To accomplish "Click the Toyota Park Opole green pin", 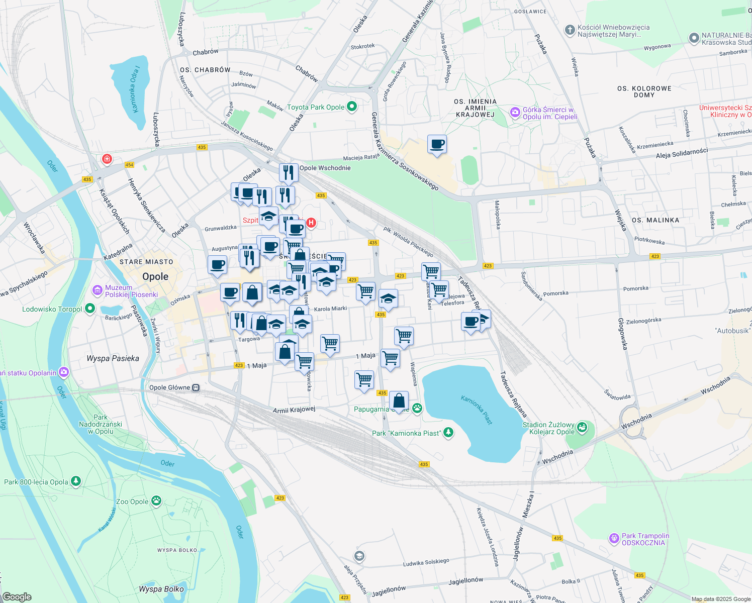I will pos(352,107).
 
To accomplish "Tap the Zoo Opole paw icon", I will pos(157,500).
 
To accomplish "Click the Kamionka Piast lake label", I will pos(477,410).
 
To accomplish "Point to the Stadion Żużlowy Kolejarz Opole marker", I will pos(582,428).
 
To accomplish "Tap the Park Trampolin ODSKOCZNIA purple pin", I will pos(614,539).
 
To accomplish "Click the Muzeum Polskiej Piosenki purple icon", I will pos(97,290).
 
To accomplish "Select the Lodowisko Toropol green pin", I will pos(90,309).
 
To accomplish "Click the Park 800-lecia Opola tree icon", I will pos(76,481).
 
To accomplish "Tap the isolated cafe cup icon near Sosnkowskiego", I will pos(437,144).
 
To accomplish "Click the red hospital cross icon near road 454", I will pos(107,160).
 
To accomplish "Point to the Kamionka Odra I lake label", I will pos(134,88).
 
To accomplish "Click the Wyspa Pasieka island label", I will pos(113,358).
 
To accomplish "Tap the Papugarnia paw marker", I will pos(417,408).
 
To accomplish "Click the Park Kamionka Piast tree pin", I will pos(448,432).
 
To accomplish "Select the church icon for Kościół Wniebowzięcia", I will pos(570,30).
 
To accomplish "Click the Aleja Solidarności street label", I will pos(682,153).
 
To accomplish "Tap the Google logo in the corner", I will pos(17,597).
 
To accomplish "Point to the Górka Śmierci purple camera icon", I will pos(515,113).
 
